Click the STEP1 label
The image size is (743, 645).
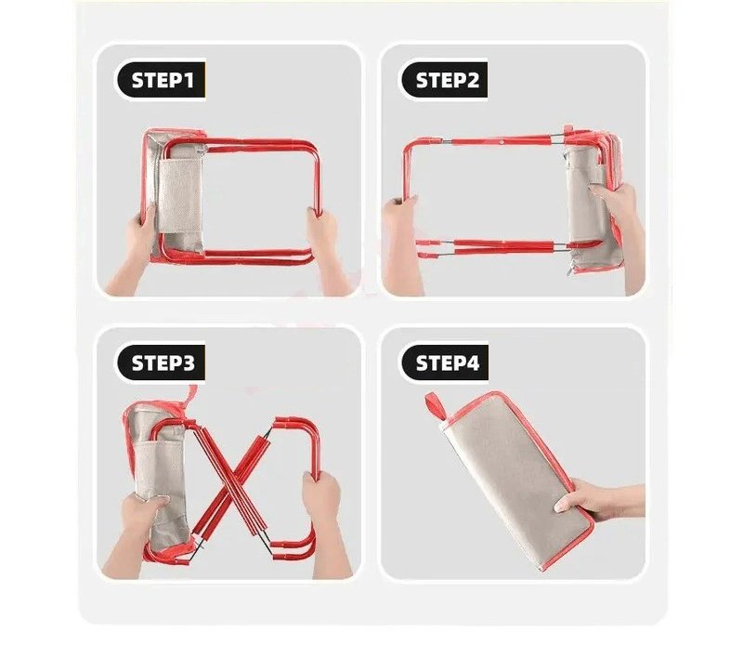pos(162,80)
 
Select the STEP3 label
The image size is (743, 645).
pos(162,362)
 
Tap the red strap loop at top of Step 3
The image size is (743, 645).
pos(190,396)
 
